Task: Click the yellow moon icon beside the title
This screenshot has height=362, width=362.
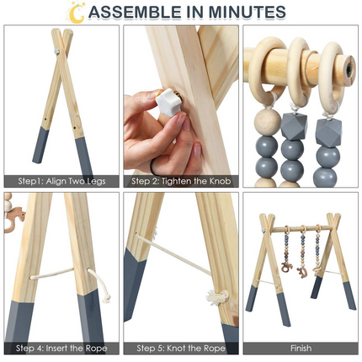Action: (75, 14)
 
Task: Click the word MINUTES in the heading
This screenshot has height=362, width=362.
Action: (247, 12)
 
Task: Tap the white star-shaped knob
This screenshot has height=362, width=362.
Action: (168, 102)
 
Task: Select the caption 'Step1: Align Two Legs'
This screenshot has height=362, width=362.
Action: (61, 181)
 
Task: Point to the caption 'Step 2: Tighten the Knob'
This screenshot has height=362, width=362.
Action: (181, 181)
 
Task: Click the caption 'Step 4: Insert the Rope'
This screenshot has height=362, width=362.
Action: (61, 349)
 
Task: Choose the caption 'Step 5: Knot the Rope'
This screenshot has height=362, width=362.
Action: (181, 349)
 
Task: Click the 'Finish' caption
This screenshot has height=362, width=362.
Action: (301, 349)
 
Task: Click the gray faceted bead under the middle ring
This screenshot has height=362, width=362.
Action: (294, 126)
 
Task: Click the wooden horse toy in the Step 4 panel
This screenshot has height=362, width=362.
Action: (13, 219)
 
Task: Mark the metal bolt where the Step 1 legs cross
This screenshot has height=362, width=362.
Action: (57, 51)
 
